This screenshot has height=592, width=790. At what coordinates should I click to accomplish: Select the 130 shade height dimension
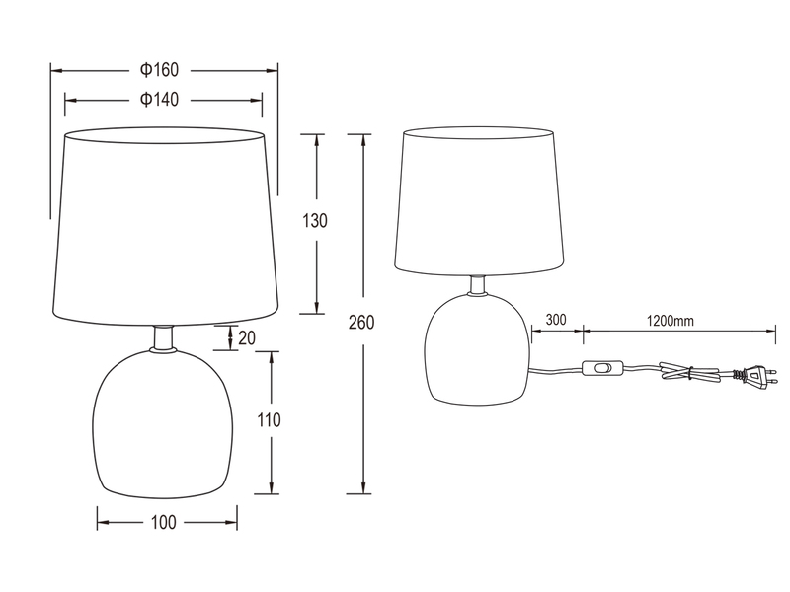coord(315,221)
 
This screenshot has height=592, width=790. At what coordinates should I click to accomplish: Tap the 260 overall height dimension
coord(364,322)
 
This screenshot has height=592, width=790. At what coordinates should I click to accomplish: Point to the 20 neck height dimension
coord(246,337)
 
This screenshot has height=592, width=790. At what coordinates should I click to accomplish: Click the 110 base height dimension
coord(269,420)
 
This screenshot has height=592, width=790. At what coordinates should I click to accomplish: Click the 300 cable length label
coord(555,320)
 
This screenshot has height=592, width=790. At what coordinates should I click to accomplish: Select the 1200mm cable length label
coord(671,320)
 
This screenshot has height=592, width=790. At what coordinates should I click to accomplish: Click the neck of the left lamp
coord(165,337)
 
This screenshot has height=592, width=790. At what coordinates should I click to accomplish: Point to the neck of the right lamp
coord(479,284)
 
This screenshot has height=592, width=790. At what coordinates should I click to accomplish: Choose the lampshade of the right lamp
coord(479,201)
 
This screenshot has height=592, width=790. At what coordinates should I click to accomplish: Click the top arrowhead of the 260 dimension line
coord(364,138)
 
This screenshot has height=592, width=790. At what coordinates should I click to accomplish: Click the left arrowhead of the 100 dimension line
coord(101,523)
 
